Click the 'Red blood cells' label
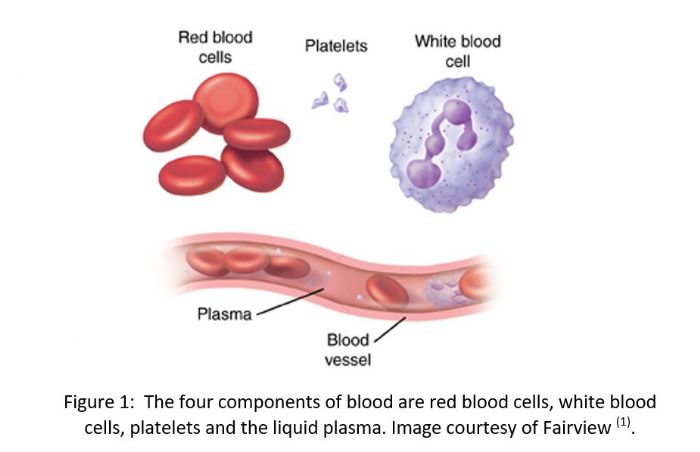[215, 47]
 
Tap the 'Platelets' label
[336, 46]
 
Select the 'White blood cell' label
[458, 51]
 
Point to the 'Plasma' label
[225, 314]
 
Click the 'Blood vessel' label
[348, 350]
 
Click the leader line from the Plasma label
[290, 301]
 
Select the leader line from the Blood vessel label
[390, 330]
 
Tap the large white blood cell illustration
[451, 144]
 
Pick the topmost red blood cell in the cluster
[226, 102]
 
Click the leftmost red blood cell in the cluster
[173, 126]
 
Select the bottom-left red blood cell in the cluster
[192, 175]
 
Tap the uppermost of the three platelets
[340, 82]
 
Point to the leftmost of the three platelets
[321, 100]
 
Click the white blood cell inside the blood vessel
[442, 292]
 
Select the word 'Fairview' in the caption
[577, 427]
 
